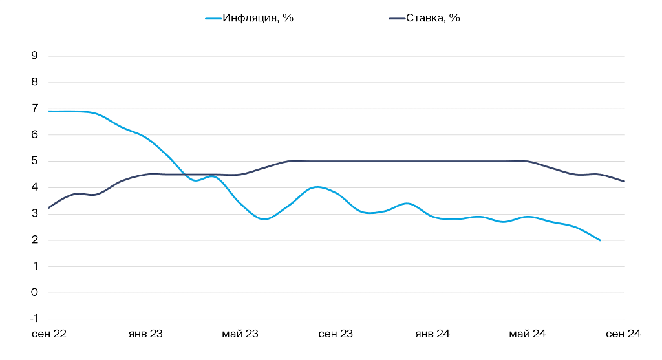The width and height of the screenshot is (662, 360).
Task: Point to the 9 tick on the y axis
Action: point(34,56)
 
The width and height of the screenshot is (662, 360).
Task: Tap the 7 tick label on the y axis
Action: point(34,109)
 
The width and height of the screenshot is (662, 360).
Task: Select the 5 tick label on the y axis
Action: point(34,161)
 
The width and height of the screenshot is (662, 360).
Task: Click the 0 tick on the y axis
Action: point(34,293)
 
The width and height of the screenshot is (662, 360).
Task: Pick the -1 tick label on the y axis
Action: point(33,319)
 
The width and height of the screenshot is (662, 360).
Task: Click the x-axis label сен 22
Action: point(50,334)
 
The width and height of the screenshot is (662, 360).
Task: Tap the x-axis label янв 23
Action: point(145,334)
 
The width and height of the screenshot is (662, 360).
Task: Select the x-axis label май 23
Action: point(240,334)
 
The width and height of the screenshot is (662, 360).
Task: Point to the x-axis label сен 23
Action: point(336,334)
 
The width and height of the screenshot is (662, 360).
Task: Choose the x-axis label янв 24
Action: point(432,334)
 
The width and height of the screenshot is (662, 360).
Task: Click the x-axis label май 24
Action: point(528,334)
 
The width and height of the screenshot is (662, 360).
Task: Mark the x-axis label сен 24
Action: point(623,334)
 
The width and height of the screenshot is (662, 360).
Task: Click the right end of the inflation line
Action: point(600,240)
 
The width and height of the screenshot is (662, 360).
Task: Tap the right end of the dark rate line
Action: point(624,181)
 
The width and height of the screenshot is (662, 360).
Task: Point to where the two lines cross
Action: point(186,175)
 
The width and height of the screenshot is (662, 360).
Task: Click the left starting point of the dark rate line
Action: point(49,208)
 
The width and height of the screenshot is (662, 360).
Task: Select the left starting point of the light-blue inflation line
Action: point(49,111)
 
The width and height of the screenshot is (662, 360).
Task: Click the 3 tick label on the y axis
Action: point(34,214)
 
